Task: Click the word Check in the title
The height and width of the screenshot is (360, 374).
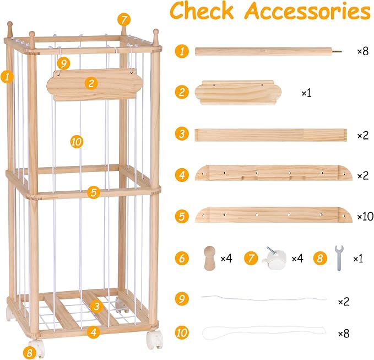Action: pyautogui.click(x=202, y=10)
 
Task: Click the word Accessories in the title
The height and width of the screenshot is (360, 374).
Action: pyautogui.click(x=308, y=11)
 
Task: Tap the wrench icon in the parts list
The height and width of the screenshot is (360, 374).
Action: pyautogui.click(x=339, y=258)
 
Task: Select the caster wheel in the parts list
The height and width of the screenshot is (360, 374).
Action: pyautogui.click(x=273, y=258)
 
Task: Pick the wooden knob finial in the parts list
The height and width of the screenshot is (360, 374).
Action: pyautogui.click(x=210, y=258)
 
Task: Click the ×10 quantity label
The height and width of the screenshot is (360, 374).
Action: pyautogui.click(x=365, y=216)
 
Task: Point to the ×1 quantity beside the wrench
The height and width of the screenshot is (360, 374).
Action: pyautogui.click(x=358, y=259)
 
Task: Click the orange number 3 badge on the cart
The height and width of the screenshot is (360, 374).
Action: pyautogui.click(x=96, y=307)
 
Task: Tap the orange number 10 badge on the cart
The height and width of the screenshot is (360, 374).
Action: pyautogui.click(x=77, y=142)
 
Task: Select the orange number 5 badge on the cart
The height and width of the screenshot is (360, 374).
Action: pyautogui.click(x=94, y=192)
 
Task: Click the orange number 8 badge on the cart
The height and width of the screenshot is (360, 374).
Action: pyautogui.click(x=30, y=353)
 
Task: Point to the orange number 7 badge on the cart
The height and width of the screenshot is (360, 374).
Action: pyautogui.click(x=124, y=20)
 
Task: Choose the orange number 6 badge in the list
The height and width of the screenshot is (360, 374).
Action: pyautogui.click(x=182, y=259)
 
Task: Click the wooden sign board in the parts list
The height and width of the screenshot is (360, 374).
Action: pyautogui.click(x=238, y=93)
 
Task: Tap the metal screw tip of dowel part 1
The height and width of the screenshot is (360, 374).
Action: pyautogui.click(x=337, y=51)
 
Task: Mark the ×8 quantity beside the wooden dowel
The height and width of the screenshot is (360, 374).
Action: pyautogui.click(x=363, y=51)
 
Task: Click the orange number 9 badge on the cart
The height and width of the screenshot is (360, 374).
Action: pyautogui.click(x=64, y=63)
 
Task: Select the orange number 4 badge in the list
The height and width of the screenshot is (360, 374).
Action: pyautogui.click(x=182, y=175)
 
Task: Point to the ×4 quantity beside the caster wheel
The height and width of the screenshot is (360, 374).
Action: pyautogui.click(x=297, y=259)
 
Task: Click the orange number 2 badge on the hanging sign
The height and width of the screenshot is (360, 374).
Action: pyautogui.click(x=91, y=84)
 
